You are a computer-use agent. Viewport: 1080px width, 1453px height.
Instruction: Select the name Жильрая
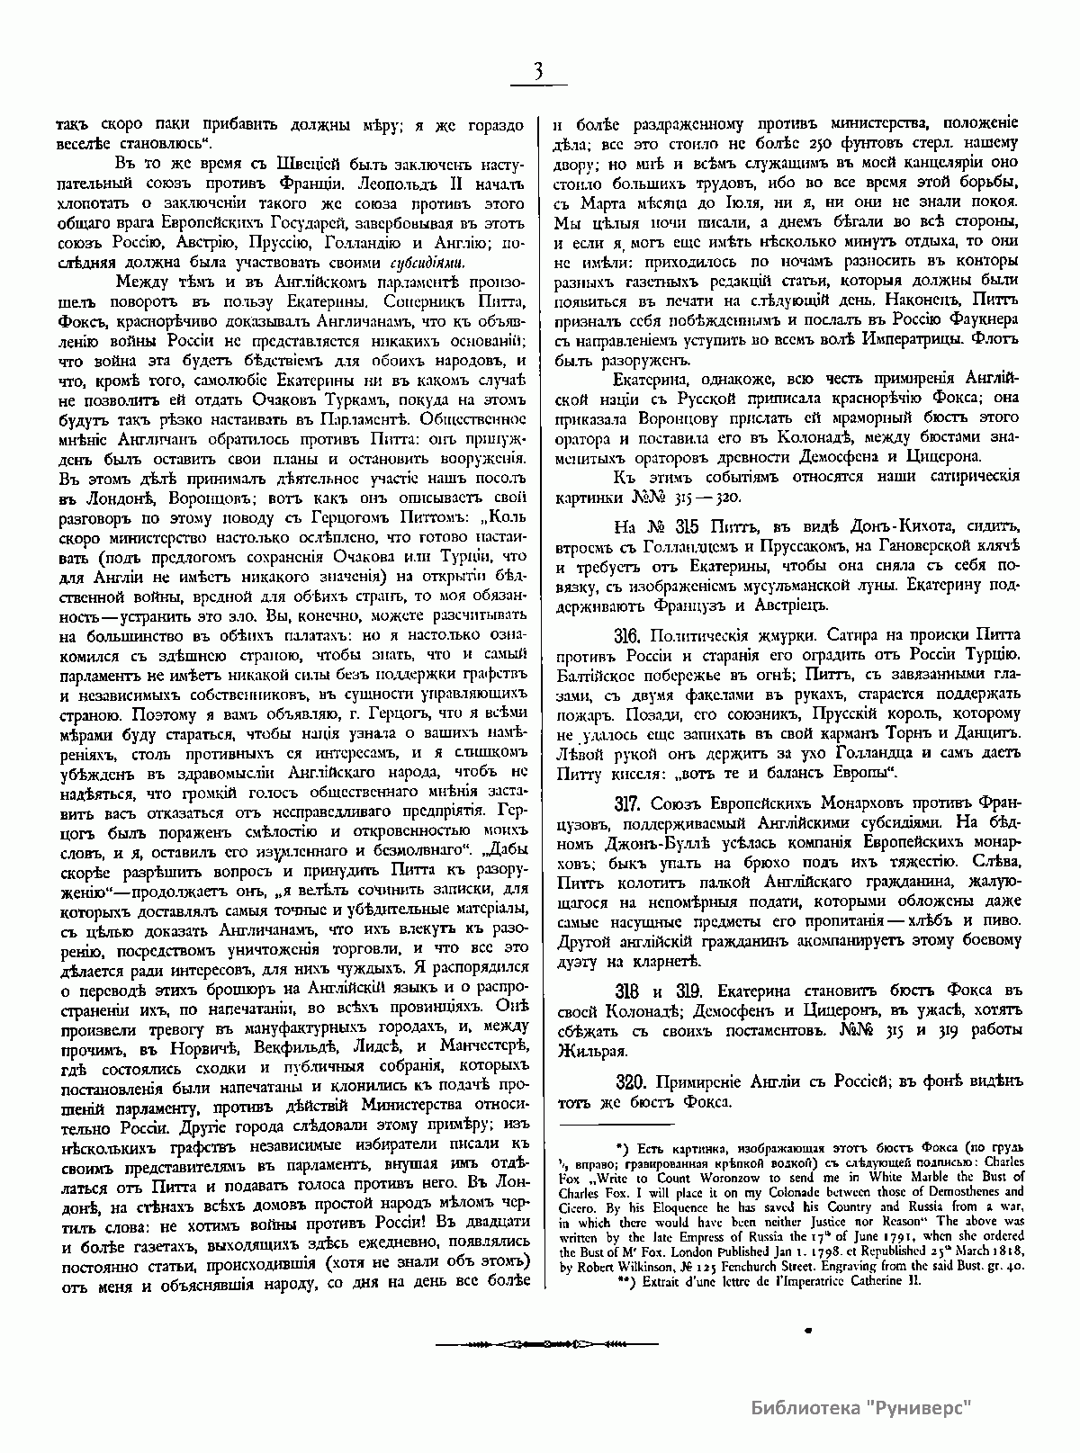pos(587,1048)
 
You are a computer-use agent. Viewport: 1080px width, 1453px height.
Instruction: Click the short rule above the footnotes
pos(616,1123)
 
